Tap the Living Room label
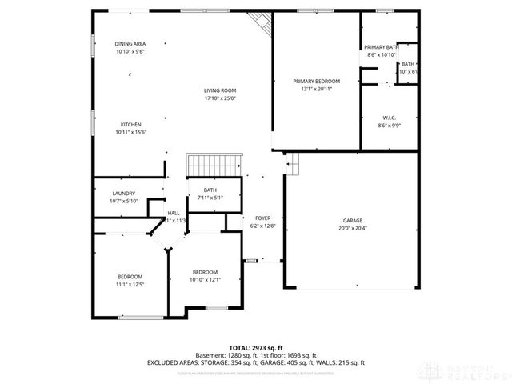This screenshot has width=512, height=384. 219,91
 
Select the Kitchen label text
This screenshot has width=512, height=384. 131,125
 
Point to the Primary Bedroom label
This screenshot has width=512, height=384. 316,82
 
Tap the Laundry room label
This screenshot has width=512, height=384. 123,193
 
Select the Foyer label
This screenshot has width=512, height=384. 262,218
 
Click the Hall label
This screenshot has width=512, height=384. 174,213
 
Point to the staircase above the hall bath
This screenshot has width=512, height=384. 214,166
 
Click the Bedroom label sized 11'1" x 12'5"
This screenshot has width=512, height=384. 130,277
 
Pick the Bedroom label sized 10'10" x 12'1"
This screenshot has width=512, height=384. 205,272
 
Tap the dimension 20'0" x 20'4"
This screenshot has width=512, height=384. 353,228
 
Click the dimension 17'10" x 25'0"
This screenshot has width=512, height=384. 219,99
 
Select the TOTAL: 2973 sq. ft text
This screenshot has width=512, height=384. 256,348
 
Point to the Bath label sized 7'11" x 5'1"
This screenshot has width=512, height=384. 210,190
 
